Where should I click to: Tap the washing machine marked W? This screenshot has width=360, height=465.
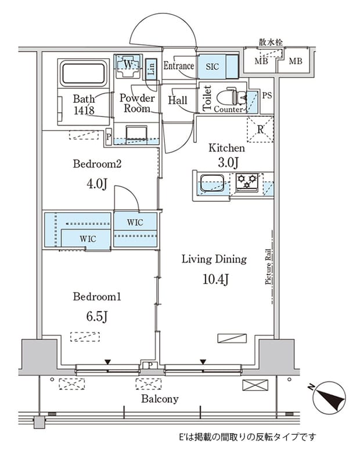[x=128, y=66]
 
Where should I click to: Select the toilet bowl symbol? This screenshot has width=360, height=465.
[x=232, y=96]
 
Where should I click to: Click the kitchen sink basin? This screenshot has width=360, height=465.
[x=211, y=183]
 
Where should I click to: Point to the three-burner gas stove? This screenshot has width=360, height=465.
[x=247, y=181]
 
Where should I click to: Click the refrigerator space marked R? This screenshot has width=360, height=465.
[x=260, y=129]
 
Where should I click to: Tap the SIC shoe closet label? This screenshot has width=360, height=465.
[x=212, y=67]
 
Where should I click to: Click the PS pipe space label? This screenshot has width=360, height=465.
[x=267, y=95]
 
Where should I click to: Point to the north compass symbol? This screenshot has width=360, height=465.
[x=329, y=398]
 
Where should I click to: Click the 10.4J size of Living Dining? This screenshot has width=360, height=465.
[x=215, y=279]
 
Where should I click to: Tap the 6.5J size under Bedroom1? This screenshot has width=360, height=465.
[x=97, y=316]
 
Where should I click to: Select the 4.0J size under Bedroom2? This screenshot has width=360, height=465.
[x=96, y=184]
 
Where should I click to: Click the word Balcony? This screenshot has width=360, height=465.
[x=160, y=399]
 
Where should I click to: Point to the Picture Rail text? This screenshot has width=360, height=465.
[x=268, y=267]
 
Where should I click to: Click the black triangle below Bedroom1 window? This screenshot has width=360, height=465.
[x=107, y=362]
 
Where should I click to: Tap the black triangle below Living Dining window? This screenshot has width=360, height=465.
[x=203, y=362]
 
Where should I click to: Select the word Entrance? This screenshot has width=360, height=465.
[x=179, y=66]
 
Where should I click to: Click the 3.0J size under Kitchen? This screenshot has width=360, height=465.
[x=228, y=162]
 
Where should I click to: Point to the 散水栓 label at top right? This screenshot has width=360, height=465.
[x=271, y=42]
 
